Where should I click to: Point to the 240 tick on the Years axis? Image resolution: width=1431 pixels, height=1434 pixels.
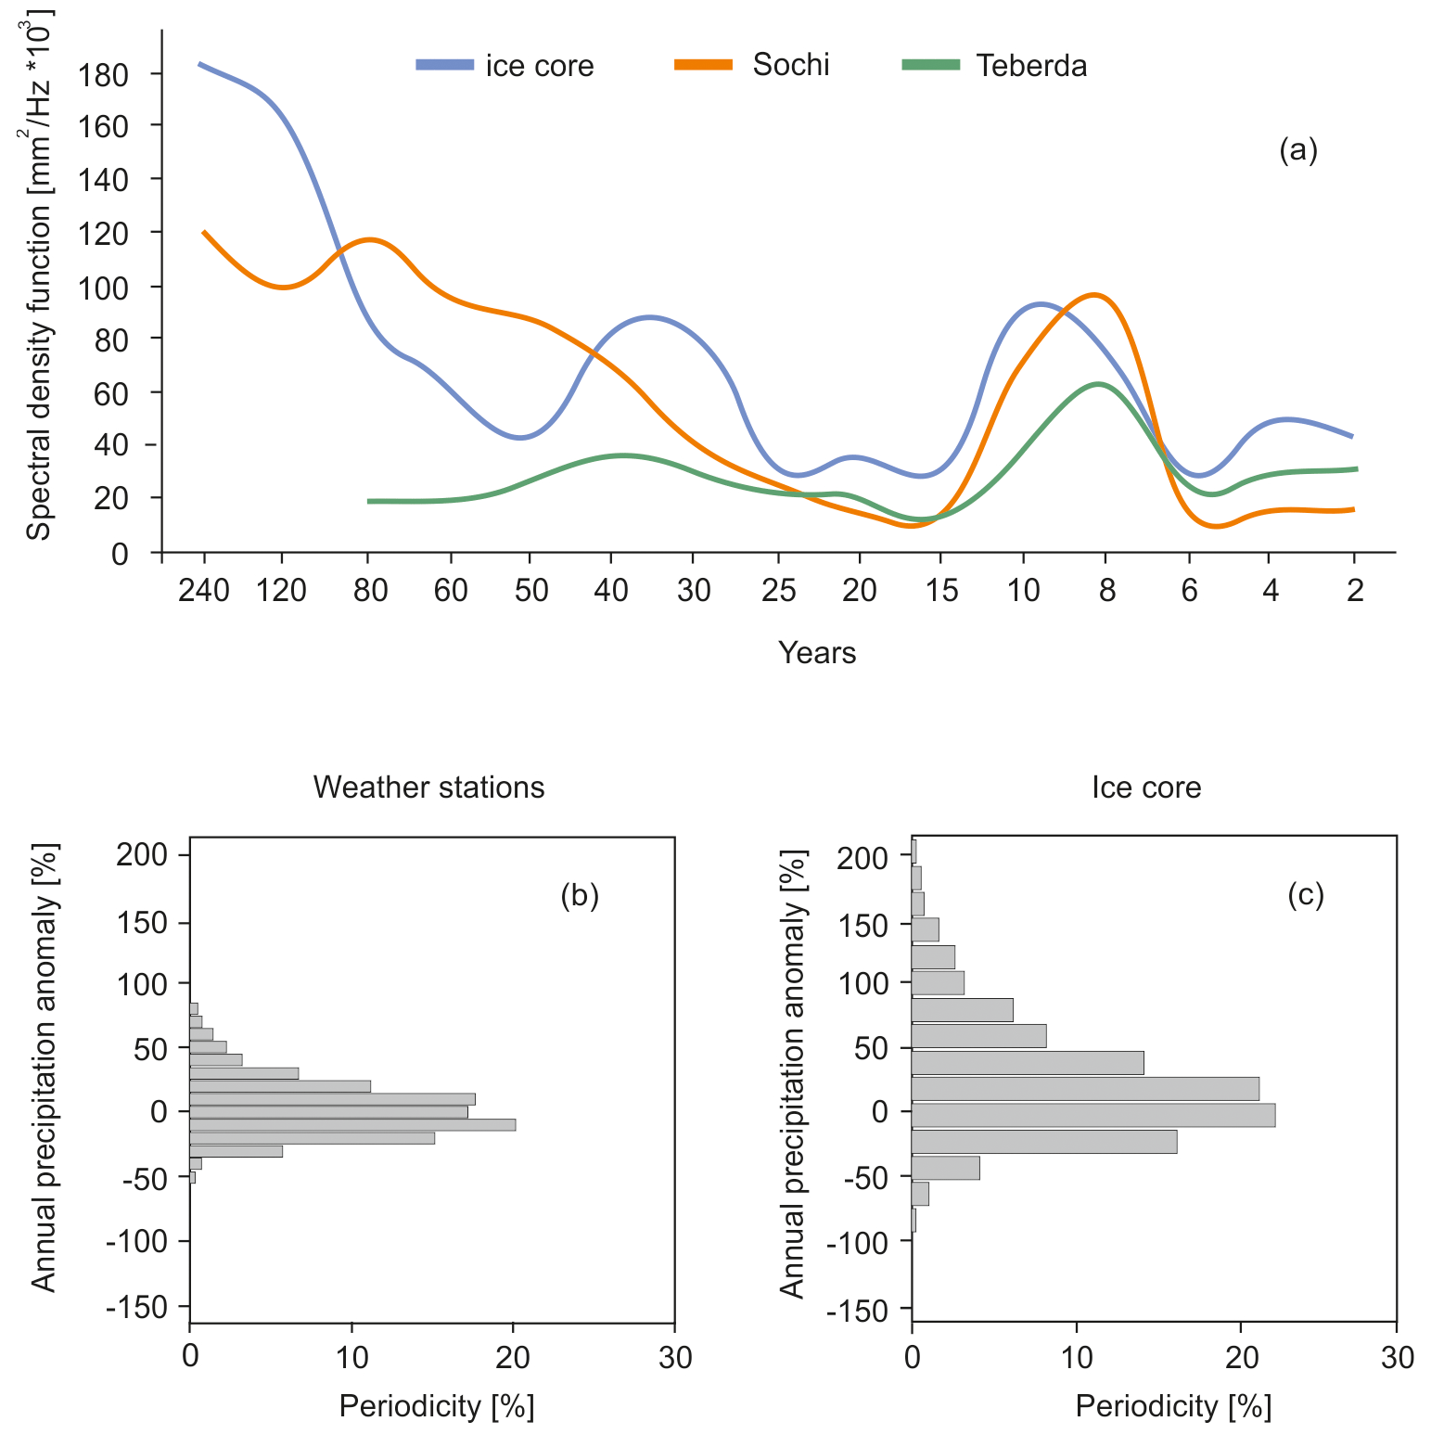click(204, 590)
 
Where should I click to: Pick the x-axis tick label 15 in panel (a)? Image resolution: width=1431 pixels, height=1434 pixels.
click(941, 590)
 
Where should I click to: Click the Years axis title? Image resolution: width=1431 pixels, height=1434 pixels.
click(817, 653)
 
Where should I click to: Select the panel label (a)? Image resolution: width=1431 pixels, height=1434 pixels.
click(1297, 149)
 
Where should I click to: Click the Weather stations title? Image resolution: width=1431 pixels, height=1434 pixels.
click(428, 787)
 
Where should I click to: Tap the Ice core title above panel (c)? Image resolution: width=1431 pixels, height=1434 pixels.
click(1146, 787)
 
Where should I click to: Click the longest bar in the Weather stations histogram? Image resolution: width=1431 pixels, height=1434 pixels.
click(352, 1125)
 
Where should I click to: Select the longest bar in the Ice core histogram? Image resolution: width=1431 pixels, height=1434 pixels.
click(1093, 1115)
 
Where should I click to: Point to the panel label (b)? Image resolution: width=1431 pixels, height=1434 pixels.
click(580, 895)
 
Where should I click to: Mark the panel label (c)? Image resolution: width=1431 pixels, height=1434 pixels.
click(1306, 895)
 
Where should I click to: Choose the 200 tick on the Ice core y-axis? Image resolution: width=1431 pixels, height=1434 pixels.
click(862, 858)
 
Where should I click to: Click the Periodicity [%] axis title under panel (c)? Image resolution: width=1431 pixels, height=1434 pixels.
click(1173, 1407)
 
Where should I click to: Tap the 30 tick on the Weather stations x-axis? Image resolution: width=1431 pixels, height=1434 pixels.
click(675, 1358)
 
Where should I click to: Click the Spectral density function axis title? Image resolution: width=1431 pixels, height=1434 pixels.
click(40, 275)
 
